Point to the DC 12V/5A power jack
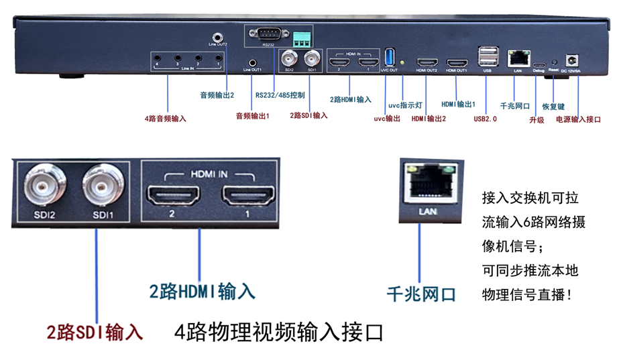(x=573, y=60)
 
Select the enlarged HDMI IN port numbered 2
(x=173, y=196)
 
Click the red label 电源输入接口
(x=579, y=119)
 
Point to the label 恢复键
(x=553, y=106)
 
